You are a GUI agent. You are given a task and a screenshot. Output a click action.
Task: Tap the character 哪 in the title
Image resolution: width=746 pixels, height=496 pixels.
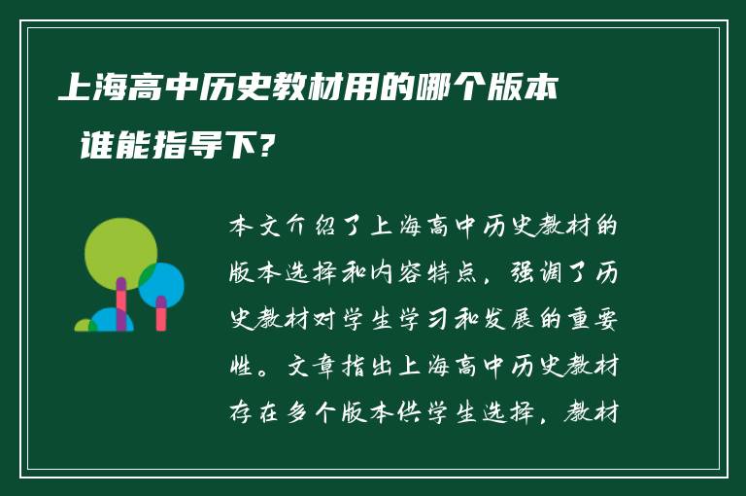[433, 89]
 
